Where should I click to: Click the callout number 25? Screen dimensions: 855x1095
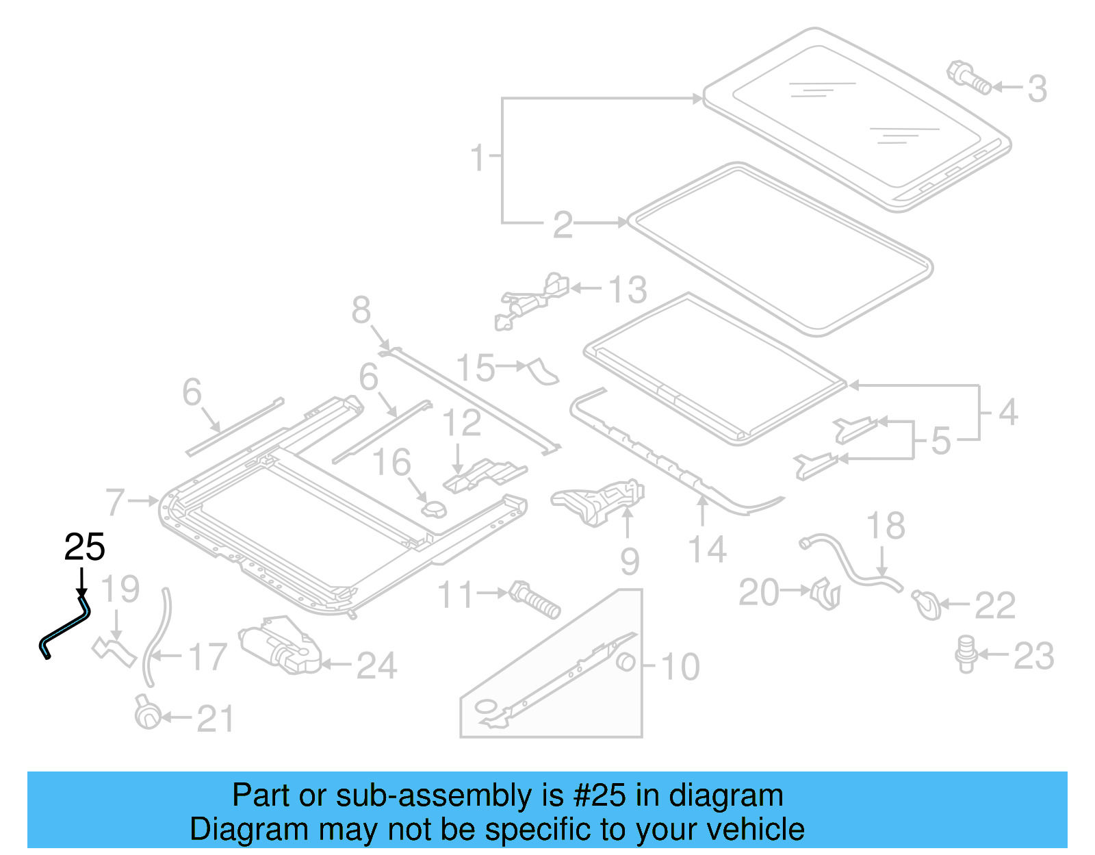tap(84, 547)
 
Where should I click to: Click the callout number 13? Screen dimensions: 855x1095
tap(627, 290)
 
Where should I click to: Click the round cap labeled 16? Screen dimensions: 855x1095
tap(433, 509)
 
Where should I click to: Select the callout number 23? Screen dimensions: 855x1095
tap(1033, 656)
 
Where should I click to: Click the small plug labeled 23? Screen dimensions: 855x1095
tap(966, 653)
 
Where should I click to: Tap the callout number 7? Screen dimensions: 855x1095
tap(115, 502)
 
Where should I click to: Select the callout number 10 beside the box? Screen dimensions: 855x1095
tap(680, 666)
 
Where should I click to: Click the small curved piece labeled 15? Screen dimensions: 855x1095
tap(543, 370)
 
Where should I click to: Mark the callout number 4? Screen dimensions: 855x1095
tap(1007, 412)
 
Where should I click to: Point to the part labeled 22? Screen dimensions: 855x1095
tap(927, 604)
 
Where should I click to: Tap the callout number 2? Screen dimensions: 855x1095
tap(563, 225)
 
